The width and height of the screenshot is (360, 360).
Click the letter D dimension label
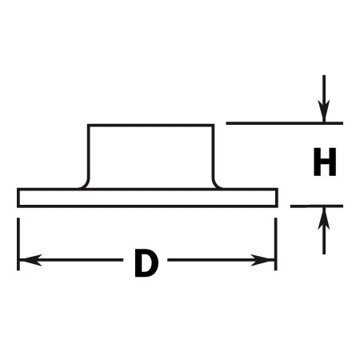[146, 263]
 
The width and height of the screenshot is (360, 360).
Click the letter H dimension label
[325, 162]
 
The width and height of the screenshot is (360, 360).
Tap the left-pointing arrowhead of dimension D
[30, 260]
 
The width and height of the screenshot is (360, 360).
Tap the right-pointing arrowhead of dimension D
[262, 260]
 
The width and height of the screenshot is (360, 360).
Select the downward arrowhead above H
[324, 111]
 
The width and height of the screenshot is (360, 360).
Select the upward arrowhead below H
[324, 218]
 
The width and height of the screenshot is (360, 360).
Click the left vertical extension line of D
[18, 244]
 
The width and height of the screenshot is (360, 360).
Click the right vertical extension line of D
[276, 244]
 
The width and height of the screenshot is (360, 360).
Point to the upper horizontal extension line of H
[285, 123]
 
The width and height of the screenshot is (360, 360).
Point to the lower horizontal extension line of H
[317, 206]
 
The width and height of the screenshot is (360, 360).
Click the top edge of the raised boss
[150, 126]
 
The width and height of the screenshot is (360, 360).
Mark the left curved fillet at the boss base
[86, 184]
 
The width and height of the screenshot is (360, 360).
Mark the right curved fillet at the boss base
[217, 184]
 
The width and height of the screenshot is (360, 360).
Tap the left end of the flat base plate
[18, 198]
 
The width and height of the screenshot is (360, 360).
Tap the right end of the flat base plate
[277, 198]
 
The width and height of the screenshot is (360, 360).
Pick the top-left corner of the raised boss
[89, 126]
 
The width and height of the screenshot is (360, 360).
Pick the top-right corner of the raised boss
[213, 126]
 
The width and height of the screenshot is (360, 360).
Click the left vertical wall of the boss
[89, 152]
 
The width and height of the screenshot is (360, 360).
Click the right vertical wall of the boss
[213, 152]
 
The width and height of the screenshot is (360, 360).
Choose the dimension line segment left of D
[71, 260]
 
